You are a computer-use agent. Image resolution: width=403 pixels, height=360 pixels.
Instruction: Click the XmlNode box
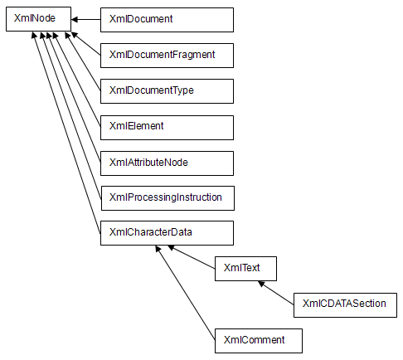pos(38,19)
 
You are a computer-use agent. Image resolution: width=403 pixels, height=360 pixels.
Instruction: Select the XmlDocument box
pos(167,20)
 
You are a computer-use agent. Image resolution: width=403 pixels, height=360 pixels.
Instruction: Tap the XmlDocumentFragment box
pos(167,56)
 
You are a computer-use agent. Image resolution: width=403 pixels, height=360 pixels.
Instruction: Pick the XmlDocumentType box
pos(167,91)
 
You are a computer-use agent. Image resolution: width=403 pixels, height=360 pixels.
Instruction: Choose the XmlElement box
pos(167,128)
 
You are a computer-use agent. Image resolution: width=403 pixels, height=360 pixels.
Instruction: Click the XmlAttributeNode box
pos(167,163)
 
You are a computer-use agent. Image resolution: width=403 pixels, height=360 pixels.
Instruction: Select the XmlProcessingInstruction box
pos(168,198)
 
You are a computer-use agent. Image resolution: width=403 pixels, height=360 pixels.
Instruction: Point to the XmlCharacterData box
pos(167,233)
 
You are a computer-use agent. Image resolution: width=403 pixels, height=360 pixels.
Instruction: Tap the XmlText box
pos(245,269)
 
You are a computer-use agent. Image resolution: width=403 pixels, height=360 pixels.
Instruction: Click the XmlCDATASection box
pos(345,305)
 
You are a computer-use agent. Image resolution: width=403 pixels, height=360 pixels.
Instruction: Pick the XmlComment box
pos(259,341)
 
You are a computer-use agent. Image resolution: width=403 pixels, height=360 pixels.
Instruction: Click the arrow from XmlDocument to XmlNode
pos(86,20)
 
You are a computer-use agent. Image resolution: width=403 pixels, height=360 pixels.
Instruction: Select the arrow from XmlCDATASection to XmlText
pos(276,293)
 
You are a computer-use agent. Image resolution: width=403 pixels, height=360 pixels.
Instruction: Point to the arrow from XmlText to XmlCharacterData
pos(192,257)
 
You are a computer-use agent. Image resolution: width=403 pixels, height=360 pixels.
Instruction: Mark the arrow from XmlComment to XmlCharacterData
pos(186,293)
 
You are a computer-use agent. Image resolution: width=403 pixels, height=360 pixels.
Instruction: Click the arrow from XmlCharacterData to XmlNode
pos(66,133)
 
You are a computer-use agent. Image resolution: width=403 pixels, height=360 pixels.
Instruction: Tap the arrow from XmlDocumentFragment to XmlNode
pos(86,44)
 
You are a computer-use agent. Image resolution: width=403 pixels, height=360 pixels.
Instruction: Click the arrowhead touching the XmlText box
pos(261,284)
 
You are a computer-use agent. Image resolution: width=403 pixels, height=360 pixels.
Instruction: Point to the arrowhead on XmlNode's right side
pos(75,20)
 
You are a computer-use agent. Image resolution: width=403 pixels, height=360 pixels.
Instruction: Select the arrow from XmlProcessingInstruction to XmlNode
pos(71,115)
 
